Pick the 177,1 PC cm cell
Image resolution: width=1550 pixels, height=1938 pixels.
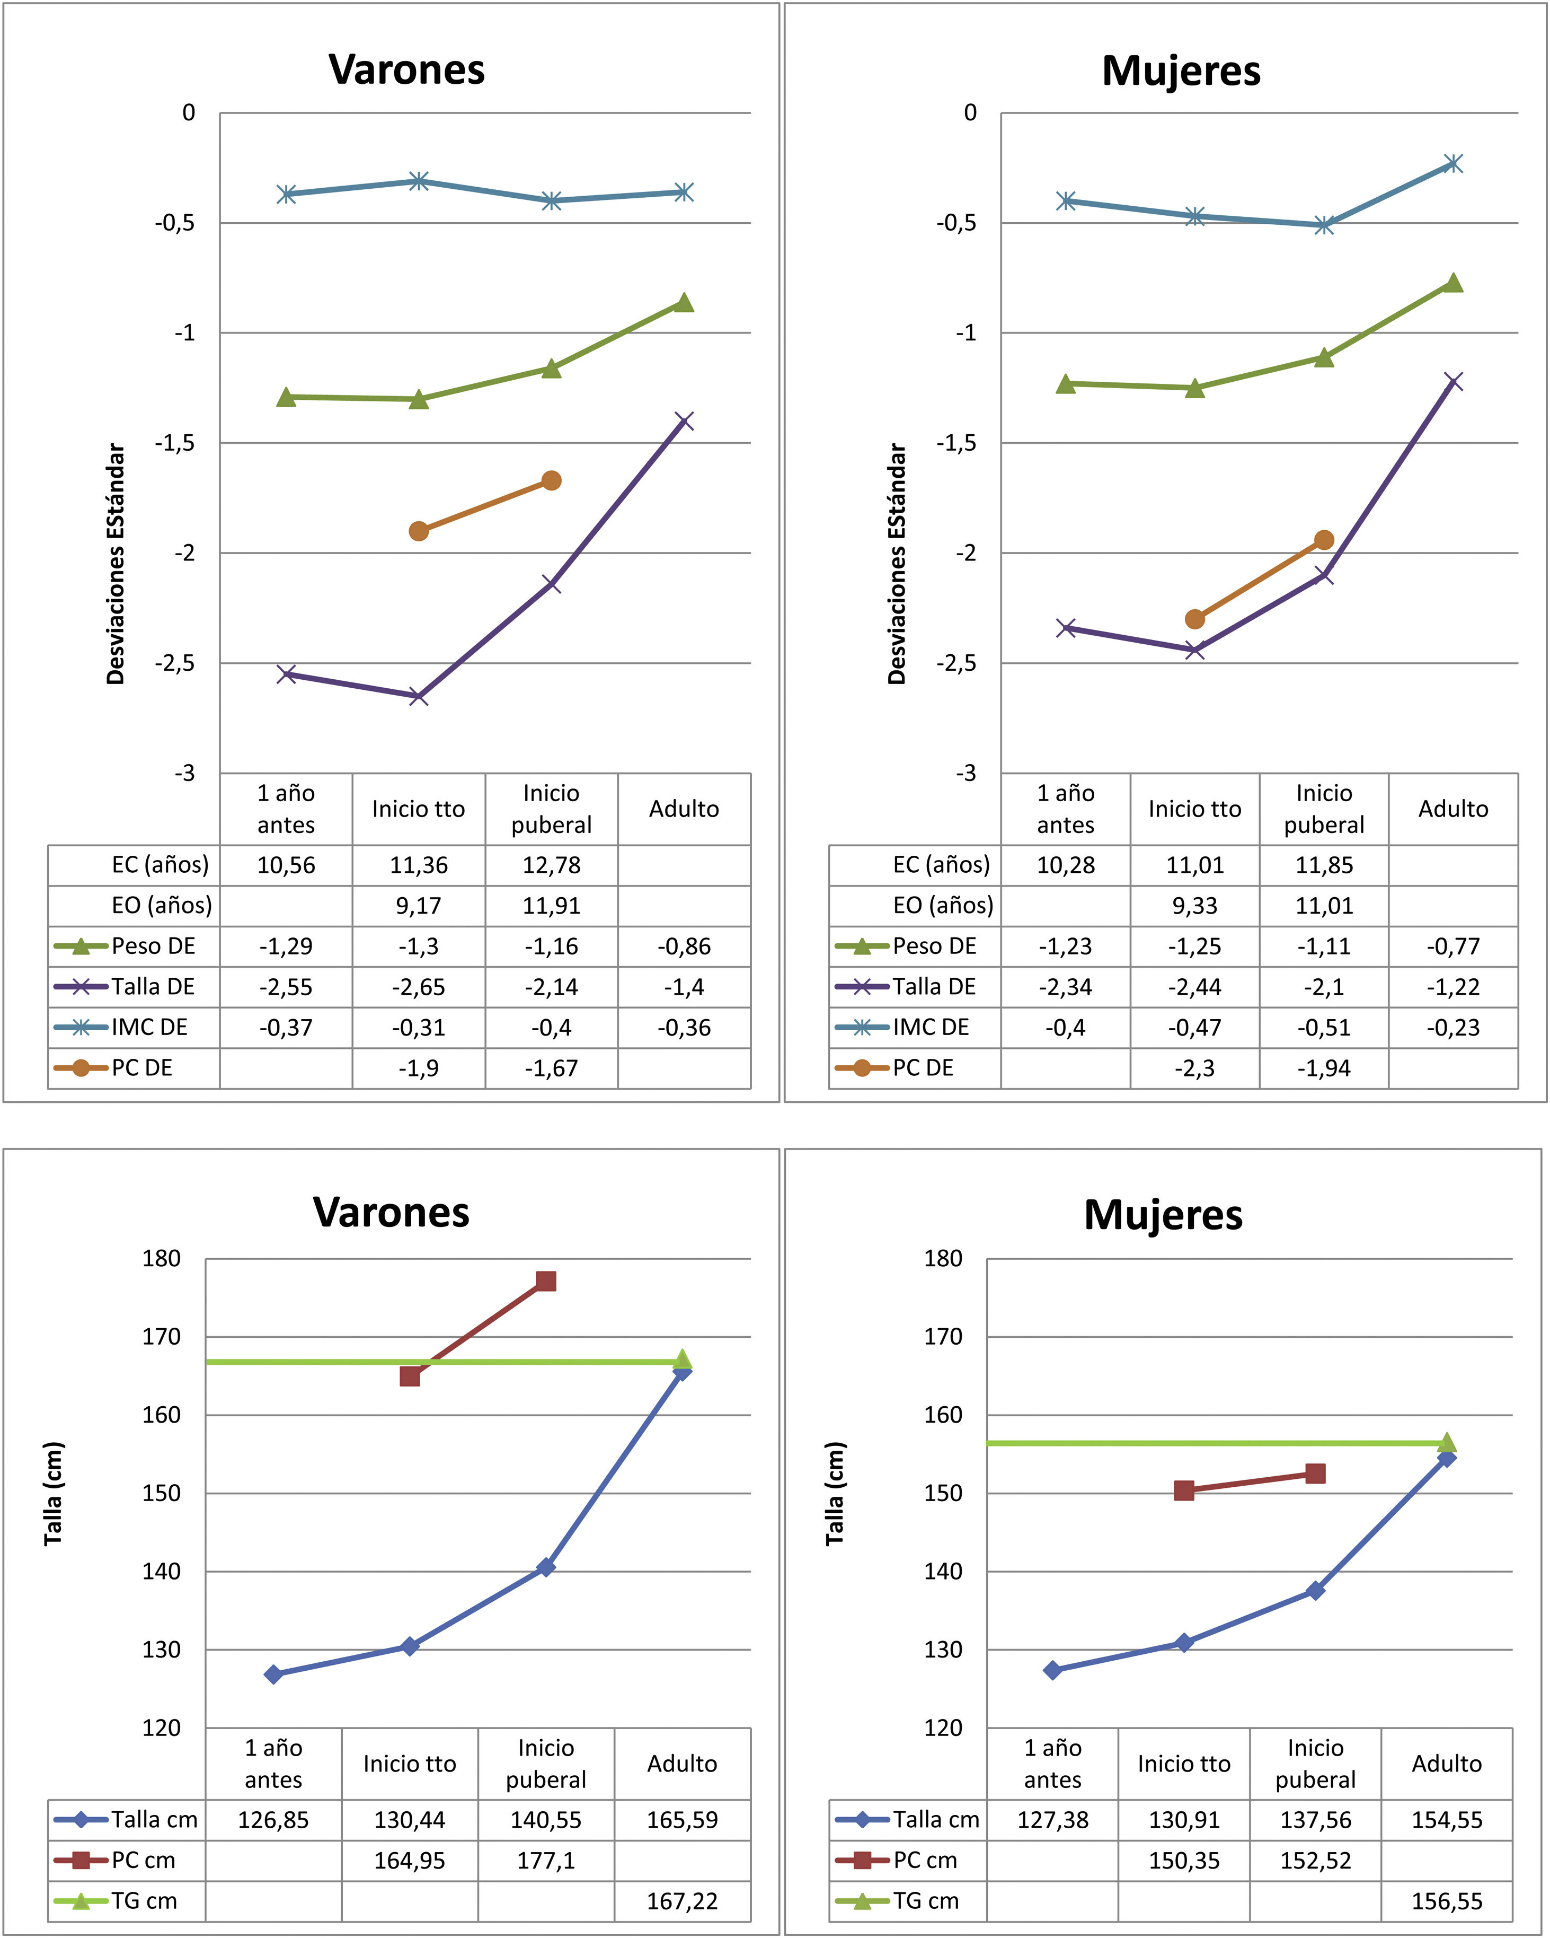(545, 1860)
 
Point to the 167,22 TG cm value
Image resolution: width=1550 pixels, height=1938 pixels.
(682, 1901)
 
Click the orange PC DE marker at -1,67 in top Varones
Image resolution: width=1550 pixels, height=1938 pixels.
(552, 481)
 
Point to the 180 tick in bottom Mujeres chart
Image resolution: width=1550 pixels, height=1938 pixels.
(943, 1258)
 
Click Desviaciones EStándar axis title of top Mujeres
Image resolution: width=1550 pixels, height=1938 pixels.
(897, 564)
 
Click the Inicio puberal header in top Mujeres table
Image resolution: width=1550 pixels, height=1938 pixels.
(1324, 809)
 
